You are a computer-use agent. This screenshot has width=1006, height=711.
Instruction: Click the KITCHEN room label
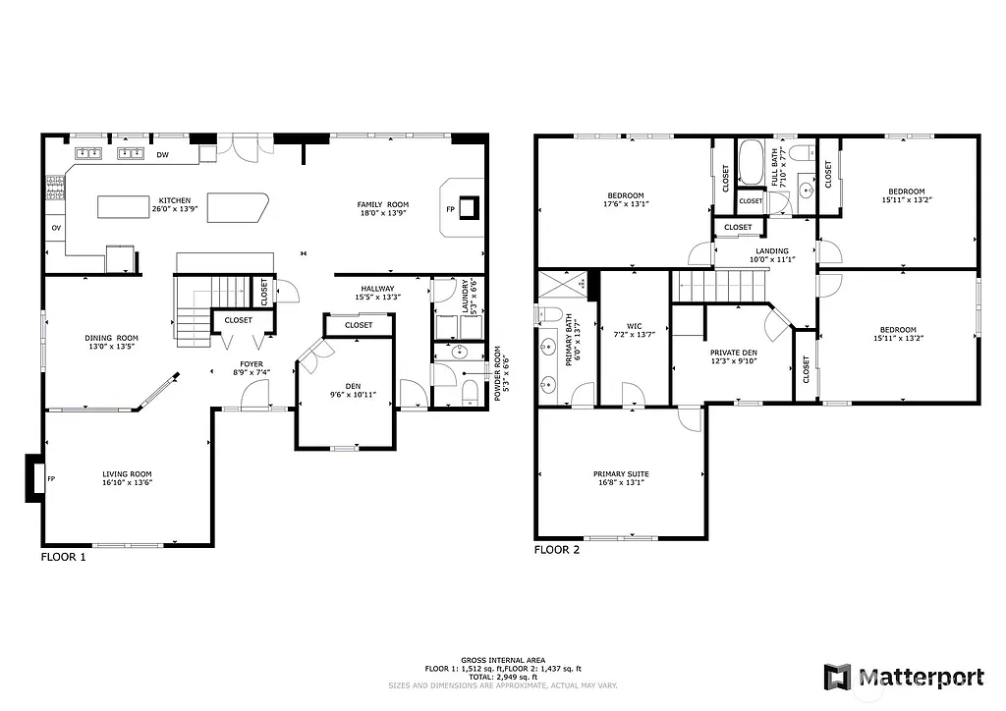coord(175,200)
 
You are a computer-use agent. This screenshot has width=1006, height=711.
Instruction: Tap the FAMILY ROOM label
coord(382,204)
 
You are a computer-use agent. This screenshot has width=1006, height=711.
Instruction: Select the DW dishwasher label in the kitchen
coord(162,154)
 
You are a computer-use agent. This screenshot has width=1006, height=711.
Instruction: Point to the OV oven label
coord(55,228)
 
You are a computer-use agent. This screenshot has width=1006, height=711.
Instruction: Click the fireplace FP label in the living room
coord(51,478)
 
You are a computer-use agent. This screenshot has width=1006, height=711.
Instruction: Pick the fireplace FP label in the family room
coord(451,209)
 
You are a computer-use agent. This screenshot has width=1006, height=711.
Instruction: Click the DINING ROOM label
coord(111,338)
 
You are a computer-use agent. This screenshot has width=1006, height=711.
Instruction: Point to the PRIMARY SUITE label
coord(620,473)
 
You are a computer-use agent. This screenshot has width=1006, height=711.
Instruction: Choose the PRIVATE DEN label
coord(734,352)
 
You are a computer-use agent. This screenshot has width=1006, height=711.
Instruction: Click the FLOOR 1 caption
coord(63,557)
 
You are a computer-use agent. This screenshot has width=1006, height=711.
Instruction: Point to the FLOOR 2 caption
coord(556,550)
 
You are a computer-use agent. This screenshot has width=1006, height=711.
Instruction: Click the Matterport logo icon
coord(837,677)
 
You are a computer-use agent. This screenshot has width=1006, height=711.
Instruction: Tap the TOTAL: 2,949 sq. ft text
coord(502,677)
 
